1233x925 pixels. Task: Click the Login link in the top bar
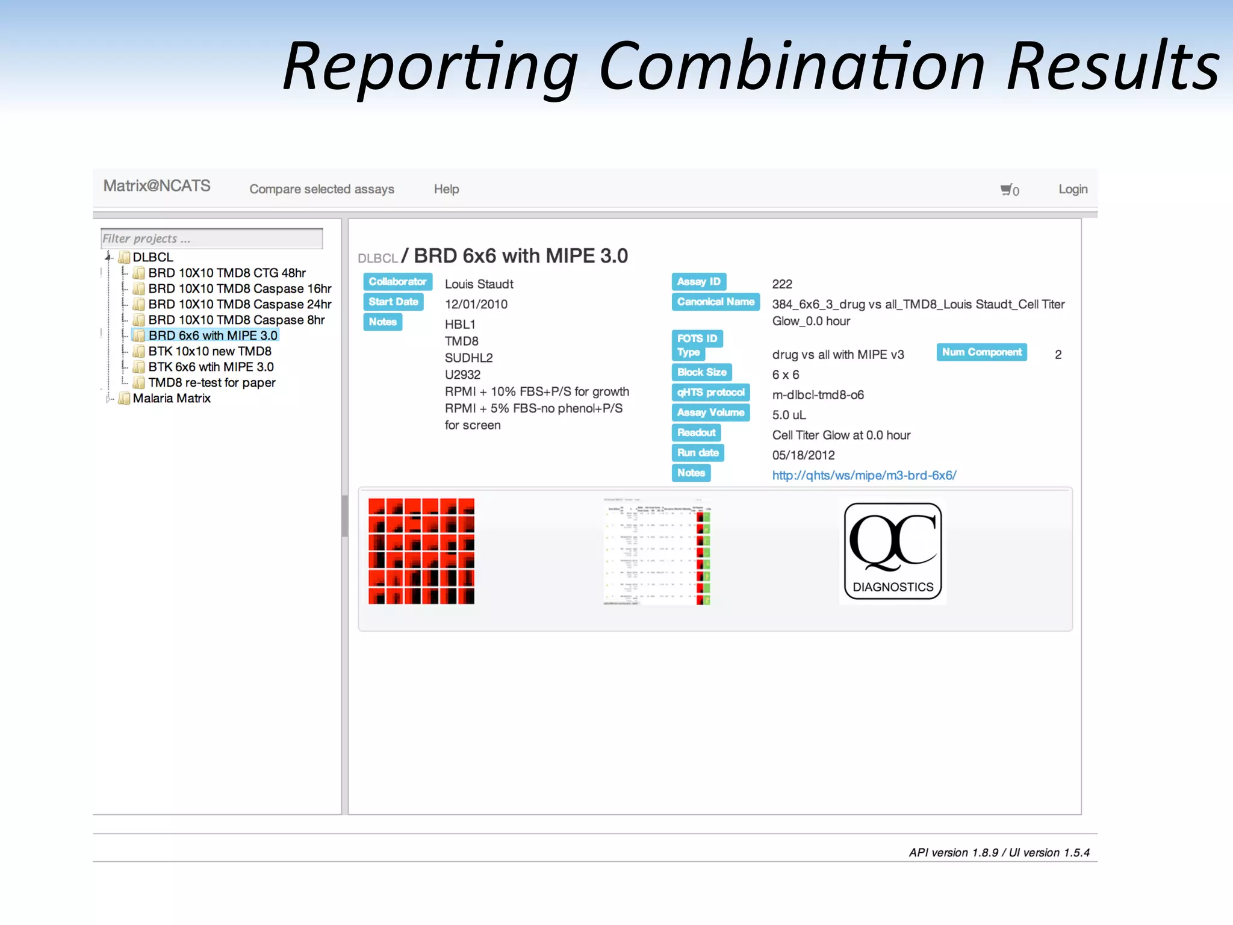coord(1072,189)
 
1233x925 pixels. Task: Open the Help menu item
coord(446,189)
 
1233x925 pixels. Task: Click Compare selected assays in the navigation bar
coord(321,189)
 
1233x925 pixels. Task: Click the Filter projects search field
coord(212,238)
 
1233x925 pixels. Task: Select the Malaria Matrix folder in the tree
coord(172,398)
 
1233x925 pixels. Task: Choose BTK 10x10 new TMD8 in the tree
coord(210,351)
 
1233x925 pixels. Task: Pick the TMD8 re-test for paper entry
coord(212,382)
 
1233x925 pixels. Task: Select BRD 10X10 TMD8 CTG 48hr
coord(227,273)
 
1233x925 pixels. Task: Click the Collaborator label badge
coord(397,282)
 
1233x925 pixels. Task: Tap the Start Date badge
coord(393,302)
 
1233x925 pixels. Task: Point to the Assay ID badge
coord(698,282)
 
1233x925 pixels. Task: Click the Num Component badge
coord(981,352)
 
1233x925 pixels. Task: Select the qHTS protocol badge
coord(710,393)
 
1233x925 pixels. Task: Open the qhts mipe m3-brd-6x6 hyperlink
coord(864,475)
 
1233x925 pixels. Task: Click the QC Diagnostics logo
coord(892,551)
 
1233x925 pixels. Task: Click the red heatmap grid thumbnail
coord(421,551)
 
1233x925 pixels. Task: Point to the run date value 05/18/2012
coord(803,455)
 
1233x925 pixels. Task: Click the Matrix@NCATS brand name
coord(157,186)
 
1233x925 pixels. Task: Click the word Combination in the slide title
coord(792,66)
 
